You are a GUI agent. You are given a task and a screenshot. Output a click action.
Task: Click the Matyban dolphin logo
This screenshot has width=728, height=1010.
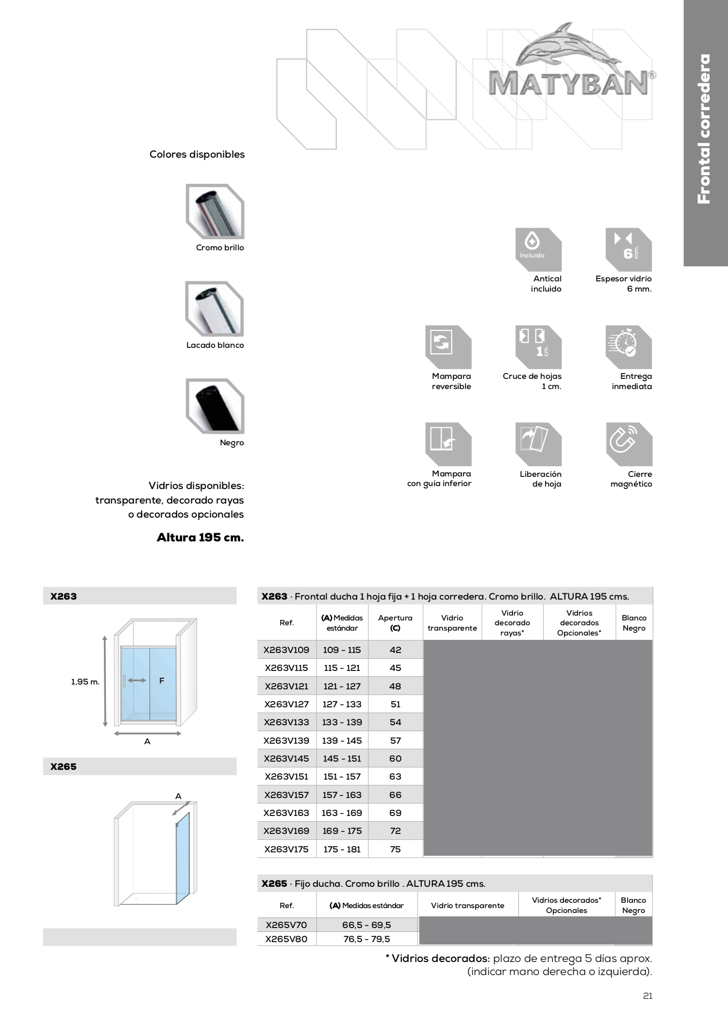coord(570,61)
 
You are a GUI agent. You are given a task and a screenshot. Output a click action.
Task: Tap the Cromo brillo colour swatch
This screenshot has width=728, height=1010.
coord(215,211)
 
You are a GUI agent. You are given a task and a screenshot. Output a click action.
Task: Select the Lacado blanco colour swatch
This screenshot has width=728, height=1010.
coord(215,309)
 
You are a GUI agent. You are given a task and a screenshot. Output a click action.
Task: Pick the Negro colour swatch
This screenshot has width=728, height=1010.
coord(215,406)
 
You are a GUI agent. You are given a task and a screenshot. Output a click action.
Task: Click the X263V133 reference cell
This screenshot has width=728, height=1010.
coord(286,722)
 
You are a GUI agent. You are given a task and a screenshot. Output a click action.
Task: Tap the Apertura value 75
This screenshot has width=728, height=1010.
coord(396,849)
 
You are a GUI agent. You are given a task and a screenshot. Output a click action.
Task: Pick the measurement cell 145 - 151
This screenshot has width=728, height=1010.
coord(342,758)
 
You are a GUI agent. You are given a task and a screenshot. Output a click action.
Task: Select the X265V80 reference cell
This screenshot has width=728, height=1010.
coord(286,939)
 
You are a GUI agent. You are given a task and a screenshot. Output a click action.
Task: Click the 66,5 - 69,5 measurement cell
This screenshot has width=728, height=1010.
coord(366,925)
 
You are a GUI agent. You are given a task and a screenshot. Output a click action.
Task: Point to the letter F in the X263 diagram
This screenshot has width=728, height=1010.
coord(162,681)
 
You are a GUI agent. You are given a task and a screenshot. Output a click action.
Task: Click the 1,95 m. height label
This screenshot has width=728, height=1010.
coord(85,682)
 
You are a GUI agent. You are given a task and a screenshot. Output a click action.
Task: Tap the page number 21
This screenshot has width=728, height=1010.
coord(647,996)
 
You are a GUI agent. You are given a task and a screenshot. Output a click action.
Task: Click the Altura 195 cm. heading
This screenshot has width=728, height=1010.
coord(200,538)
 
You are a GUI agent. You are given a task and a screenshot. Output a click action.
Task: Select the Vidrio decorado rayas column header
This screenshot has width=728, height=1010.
coord(512,623)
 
